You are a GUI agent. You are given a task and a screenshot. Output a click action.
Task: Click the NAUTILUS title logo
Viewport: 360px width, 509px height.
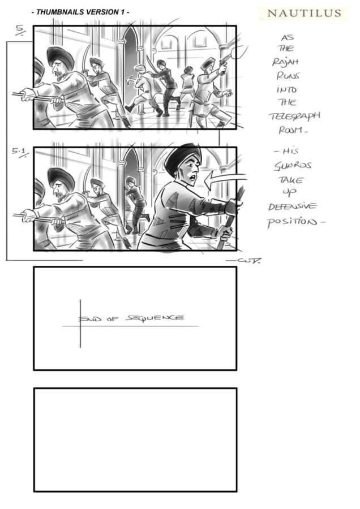(305, 14)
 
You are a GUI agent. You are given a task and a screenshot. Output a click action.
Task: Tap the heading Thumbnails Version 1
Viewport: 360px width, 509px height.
(80, 12)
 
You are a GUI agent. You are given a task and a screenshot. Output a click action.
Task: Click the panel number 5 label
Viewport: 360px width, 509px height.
(21, 30)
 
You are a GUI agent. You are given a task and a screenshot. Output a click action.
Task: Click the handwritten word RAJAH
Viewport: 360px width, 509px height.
(285, 62)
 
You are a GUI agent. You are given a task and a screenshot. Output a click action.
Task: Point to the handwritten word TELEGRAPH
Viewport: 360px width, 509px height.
(294, 116)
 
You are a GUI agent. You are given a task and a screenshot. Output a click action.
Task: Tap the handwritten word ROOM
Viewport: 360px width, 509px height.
(293, 130)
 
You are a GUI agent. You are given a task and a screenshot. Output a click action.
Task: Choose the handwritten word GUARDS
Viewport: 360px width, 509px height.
(293, 166)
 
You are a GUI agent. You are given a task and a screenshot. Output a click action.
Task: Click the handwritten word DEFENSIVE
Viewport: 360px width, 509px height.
(292, 207)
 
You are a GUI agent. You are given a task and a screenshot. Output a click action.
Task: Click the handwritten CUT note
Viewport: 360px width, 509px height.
(245, 260)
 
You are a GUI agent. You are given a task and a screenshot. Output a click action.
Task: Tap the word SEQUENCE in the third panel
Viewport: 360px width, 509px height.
(155, 318)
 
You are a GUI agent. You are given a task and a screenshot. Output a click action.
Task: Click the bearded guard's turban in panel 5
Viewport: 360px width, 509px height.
(60, 57)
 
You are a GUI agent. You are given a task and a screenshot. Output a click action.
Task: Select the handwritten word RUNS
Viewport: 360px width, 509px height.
(288, 76)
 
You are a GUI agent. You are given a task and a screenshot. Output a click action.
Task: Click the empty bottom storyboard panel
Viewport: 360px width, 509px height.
(135, 439)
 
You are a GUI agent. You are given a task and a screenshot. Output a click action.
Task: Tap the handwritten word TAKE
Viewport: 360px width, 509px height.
(291, 180)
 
